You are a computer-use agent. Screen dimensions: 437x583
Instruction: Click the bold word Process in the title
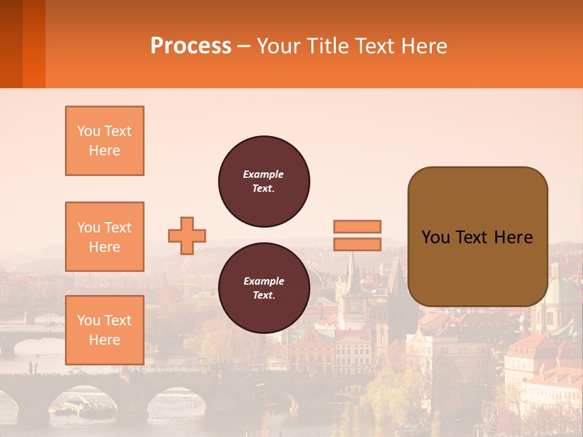pos(191,46)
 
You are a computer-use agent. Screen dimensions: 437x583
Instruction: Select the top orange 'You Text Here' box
pos(104,141)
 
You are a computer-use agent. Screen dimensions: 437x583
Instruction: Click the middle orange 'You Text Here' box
pos(104,237)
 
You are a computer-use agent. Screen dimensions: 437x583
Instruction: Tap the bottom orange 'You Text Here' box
pos(104,330)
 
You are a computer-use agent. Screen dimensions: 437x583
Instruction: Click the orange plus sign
pos(187,235)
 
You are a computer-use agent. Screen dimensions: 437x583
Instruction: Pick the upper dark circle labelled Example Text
pos(264,181)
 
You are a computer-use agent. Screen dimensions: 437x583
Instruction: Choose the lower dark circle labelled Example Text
pos(264,288)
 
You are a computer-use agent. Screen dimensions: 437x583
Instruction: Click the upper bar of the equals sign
pos(357,226)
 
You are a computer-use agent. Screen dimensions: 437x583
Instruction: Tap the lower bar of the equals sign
pos(357,244)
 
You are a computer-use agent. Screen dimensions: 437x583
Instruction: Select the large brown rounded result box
pos(477,237)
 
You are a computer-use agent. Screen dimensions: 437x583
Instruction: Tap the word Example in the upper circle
pos(263,175)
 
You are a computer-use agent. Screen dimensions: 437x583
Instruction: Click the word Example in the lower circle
pos(263,282)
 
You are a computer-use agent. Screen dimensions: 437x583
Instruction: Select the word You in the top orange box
pos(89,131)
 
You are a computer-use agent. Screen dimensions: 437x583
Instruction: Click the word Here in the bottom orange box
pos(104,340)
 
